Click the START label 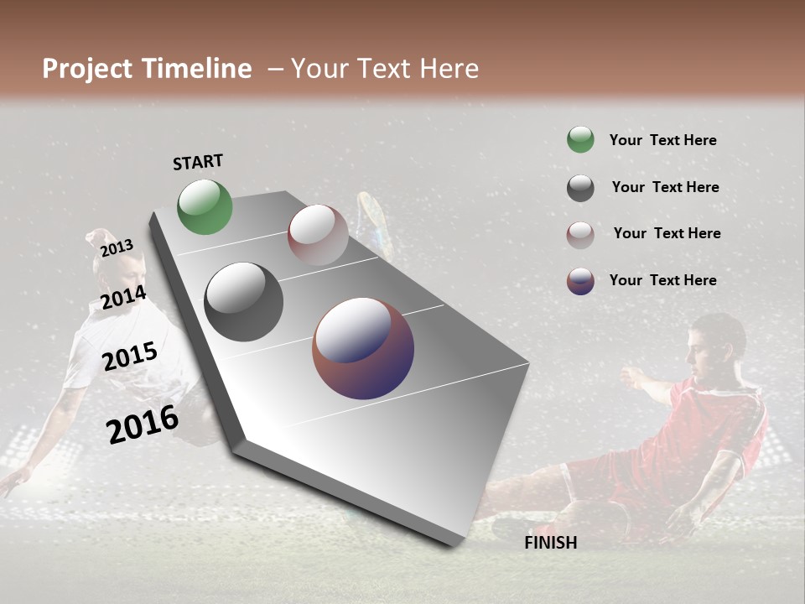click(198, 162)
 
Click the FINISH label click(550, 543)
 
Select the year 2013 click(117, 247)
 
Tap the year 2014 click(123, 298)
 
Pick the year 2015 click(130, 357)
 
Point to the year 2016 click(143, 424)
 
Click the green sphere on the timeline click(205, 206)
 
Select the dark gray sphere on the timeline click(243, 301)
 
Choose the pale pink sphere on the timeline click(318, 234)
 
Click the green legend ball click(580, 140)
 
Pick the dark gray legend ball click(580, 188)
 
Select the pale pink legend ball click(580, 234)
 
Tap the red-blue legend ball click(580, 281)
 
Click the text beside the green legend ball click(662, 140)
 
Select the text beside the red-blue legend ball click(662, 280)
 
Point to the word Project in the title click(88, 69)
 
